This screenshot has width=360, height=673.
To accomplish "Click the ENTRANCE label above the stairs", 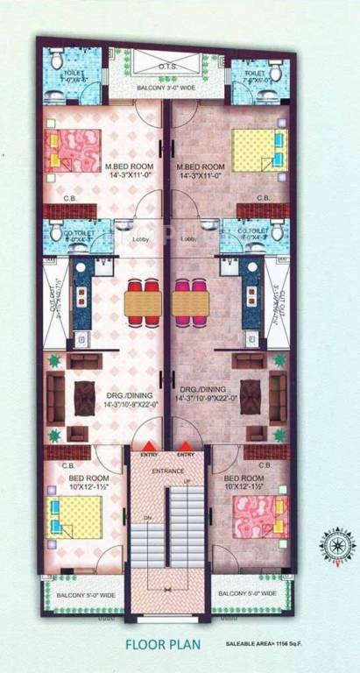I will pyautogui.click(x=168, y=471).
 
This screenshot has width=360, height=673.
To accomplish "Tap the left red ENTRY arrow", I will pyautogui.click(x=150, y=446).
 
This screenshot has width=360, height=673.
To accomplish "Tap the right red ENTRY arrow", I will pyautogui.click(x=185, y=446).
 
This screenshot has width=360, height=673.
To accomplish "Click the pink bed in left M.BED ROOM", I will pyautogui.click(x=76, y=149).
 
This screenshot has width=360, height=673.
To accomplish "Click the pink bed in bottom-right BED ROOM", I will pyautogui.click(x=259, y=517).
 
